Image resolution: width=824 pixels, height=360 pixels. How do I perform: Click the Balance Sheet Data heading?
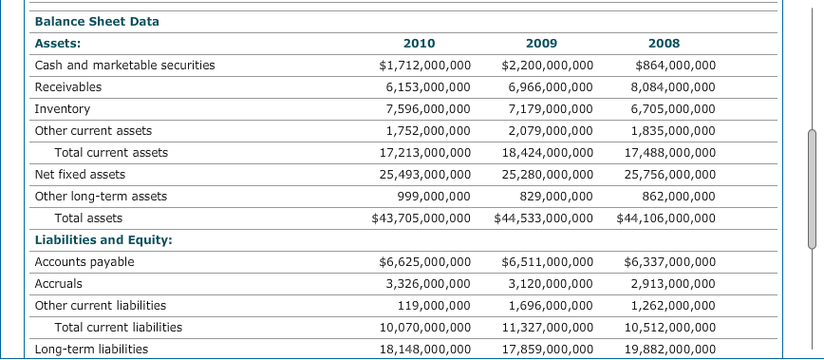click(x=97, y=21)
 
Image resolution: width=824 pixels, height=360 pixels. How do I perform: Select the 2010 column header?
click(x=419, y=43)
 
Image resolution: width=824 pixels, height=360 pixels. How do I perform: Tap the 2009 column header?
click(x=541, y=43)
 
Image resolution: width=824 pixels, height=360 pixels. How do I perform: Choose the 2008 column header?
click(x=664, y=43)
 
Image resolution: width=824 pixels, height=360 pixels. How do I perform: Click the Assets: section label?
click(x=57, y=43)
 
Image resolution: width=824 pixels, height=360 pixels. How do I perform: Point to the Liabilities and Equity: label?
click(x=103, y=239)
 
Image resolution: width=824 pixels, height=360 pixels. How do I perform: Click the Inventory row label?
click(x=62, y=108)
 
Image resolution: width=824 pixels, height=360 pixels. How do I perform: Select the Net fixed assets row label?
click(x=80, y=174)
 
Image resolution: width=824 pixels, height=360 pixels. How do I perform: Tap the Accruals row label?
click(x=58, y=283)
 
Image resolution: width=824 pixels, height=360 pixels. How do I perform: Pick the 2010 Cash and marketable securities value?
click(x=424, y=65)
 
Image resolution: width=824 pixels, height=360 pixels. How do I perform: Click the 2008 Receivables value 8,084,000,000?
click(x=673, y=86)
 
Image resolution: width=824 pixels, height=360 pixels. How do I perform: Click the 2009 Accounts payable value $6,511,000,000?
click(x=548, y=261)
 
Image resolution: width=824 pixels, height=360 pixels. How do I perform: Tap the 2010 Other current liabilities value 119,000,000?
click(x=434, y=305)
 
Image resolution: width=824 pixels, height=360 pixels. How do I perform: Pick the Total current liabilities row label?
click(x=118, y=327)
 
